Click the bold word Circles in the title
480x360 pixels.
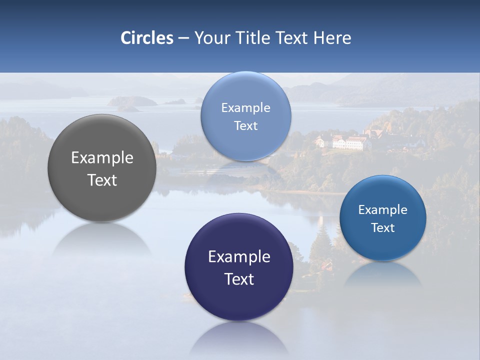pyautogui.click(x=146, y=38)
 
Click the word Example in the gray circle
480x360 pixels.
pyautogui.click(x=102, y=158)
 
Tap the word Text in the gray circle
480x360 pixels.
pyautogui.click(x=102, y=180)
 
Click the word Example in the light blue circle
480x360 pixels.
pyautogui.click(x=246, y=108)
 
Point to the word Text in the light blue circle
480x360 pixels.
pyautogui.click(x=246, y=126)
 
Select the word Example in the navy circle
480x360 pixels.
pyautogui.click(x=239, y=257)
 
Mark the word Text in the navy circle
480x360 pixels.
pyautogui.click(x=239, y=279)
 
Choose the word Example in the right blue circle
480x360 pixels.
pyautogui.click(x=383, y=210)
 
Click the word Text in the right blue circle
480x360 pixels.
pyautogui.click(x=383, y=228)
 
